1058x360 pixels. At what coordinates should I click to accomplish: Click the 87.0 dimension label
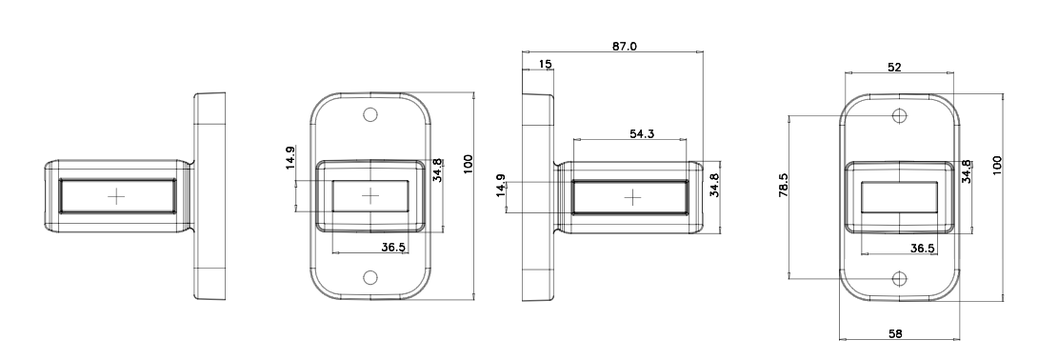click(x=624, y=47)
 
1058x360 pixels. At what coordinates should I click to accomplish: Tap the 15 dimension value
click(x=546, y=64)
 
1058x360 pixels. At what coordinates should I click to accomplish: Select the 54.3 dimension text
click(x=642, y=133)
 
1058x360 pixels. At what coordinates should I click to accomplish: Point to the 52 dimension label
click(x=895, y=67)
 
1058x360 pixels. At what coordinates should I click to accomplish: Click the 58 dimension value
click(x=895, y=333)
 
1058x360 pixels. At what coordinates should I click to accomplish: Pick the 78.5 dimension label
click(x=783, y=185)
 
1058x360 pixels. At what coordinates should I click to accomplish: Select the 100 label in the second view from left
click(x=469, y=164)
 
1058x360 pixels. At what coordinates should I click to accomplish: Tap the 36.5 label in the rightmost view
click(x=923, y=249)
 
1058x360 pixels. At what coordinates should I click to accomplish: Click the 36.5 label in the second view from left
click(x=393, y=248)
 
